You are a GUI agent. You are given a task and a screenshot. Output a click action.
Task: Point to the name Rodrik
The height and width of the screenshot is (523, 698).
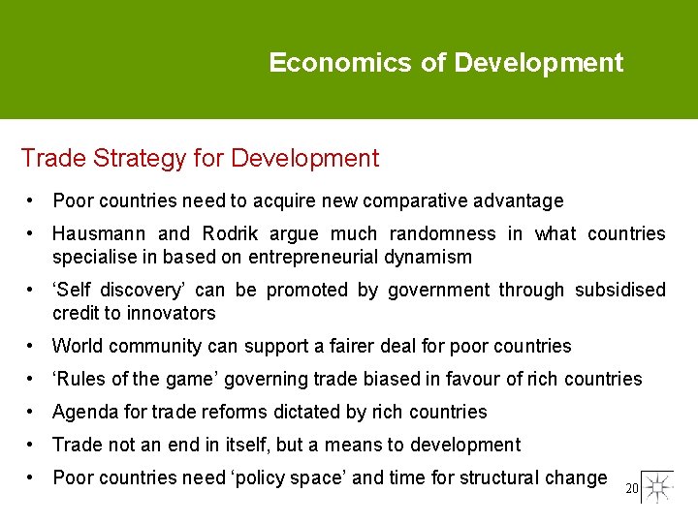pyautogui.click(x=231, y=233)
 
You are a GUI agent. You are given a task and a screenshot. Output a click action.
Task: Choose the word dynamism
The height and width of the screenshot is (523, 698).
pyautogui.click(x=428, y=257)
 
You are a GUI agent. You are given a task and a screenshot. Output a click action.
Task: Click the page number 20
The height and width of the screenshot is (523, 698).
pyautogui.click(x=632, y=489)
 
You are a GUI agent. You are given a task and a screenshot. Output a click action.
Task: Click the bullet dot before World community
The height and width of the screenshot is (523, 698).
pyautogui.click(x=33, y=346)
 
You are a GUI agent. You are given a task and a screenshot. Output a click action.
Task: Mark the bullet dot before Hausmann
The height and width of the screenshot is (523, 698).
pyautogui.click(x=33, y=233)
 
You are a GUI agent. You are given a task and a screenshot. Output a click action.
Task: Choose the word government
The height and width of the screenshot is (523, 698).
pyautogui.click(x=438, y=290)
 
